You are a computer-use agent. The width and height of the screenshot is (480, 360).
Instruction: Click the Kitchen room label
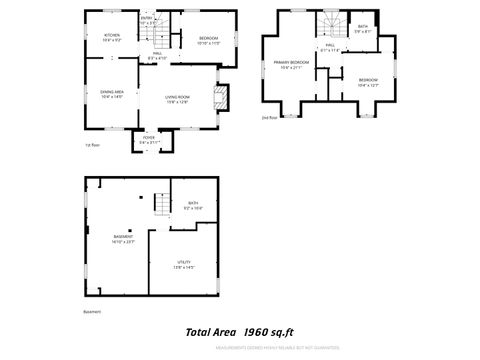point(111,37)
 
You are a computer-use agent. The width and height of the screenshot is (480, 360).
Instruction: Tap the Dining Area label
point(111,93)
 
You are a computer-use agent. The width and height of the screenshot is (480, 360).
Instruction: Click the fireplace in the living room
point(224,97)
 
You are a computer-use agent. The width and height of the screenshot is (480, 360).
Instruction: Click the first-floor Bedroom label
point(208,40)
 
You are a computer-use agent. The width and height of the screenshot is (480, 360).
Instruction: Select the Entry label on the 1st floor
point(147,19)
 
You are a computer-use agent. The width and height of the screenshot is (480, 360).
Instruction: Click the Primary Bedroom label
point(291,65)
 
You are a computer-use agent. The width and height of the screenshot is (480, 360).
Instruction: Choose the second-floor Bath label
point(362,29)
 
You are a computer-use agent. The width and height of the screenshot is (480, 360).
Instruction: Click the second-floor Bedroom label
point(369,82)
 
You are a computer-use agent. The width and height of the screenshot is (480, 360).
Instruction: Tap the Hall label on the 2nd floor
point(330,47)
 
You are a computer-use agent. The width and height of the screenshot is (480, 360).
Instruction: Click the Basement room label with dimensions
point(123,238)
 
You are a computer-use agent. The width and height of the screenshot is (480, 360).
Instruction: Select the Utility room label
point(183,264)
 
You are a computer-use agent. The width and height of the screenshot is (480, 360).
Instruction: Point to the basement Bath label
point(193,206)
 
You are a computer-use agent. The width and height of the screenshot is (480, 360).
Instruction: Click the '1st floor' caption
point(94,145)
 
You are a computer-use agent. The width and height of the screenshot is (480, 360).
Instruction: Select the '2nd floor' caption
point(269,117)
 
